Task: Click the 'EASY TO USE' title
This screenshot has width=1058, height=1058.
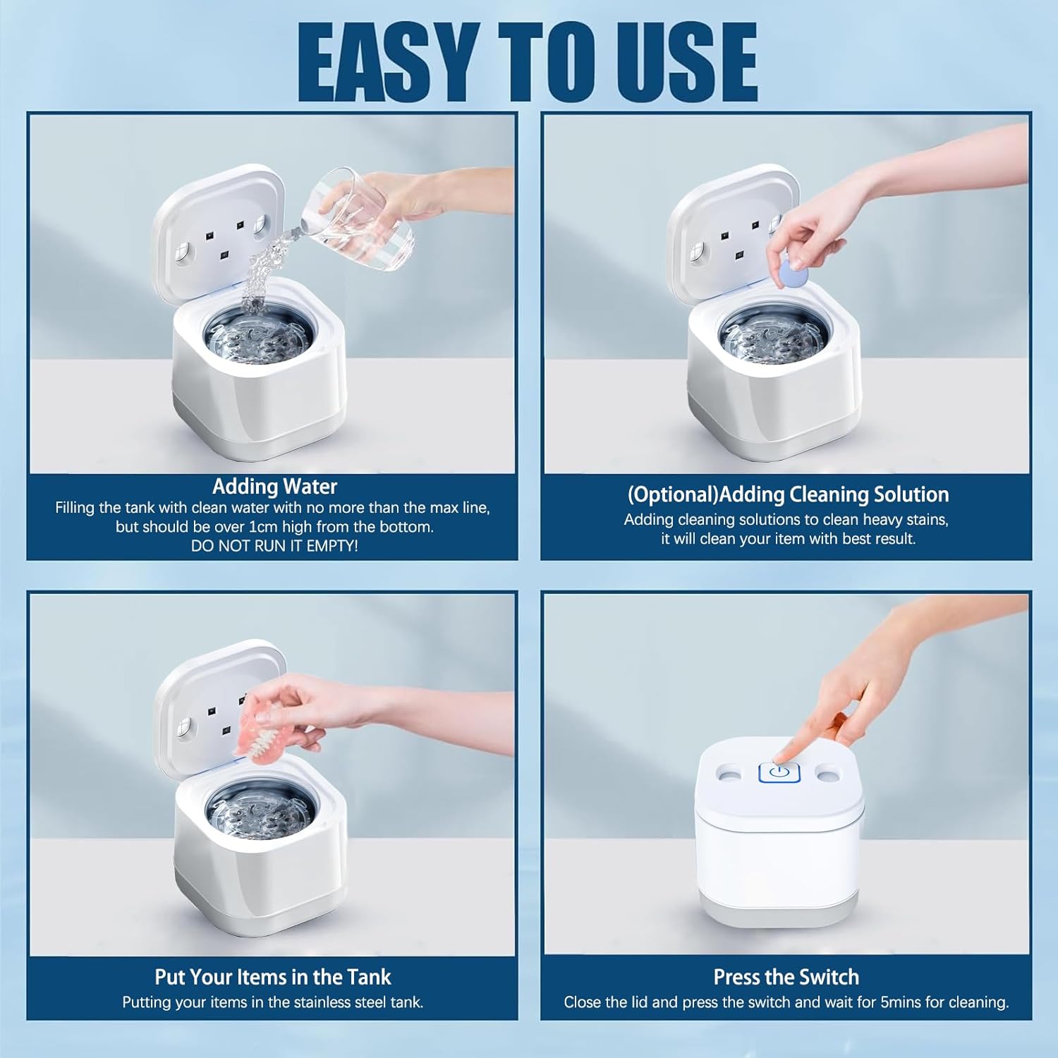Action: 528,62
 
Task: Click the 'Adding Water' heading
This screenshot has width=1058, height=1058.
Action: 274,487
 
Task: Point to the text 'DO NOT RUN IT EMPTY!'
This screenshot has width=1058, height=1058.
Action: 274,546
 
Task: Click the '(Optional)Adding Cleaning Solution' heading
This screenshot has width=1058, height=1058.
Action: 788,494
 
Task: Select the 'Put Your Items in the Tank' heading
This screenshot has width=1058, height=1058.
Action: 272,977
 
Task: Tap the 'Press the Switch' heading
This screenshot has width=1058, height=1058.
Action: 786,977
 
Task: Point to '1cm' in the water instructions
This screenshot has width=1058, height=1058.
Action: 263,527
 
